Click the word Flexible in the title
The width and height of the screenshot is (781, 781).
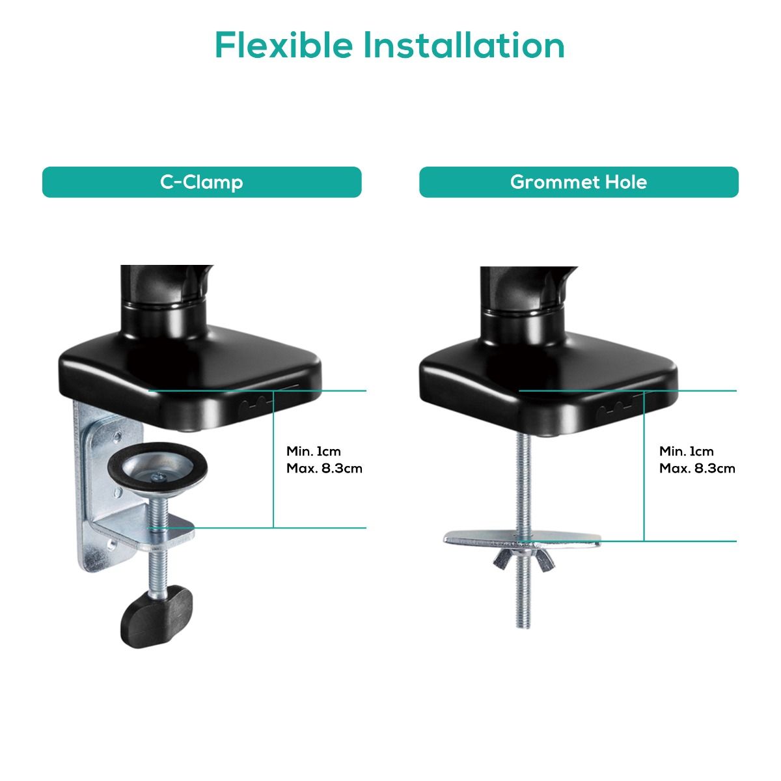[284, 45]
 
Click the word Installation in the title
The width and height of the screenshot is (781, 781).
[464, 45]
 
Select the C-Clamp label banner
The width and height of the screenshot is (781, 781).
[202, 182]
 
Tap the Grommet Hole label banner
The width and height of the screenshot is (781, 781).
[579, 182]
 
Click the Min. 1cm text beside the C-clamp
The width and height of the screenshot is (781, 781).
[314, 451]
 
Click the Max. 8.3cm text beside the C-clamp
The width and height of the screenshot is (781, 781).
[324, 468]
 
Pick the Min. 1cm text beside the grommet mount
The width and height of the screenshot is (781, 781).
[687, 451]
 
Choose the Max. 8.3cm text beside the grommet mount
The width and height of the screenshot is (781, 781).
[697, 468]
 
